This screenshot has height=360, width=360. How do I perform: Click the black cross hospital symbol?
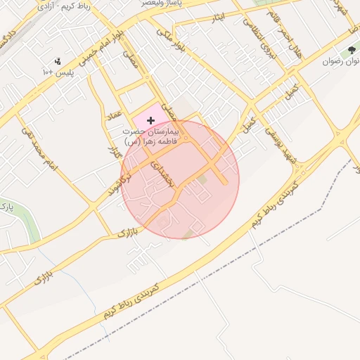click(150, 121)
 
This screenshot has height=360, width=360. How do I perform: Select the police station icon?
click(58, 60)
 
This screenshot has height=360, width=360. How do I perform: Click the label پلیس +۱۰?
click(58, 72)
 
